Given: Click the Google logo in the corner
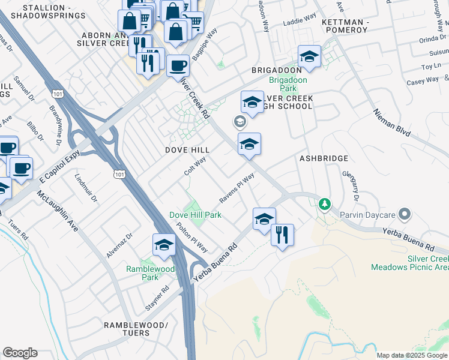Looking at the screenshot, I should [20, 353].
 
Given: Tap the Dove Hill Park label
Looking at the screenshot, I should [195, 215].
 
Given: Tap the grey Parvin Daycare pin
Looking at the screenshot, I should [405, 214].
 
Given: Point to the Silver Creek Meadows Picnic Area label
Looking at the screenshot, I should [410, 262].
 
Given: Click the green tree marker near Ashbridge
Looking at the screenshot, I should [325, 205].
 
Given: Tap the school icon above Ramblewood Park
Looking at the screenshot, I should [164, 244].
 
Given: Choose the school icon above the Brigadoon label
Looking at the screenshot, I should [309, 56].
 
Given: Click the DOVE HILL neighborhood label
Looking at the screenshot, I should [188, 149].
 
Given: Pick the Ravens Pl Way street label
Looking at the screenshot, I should [237, 188].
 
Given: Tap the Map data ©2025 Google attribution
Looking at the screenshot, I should [411, 355].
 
